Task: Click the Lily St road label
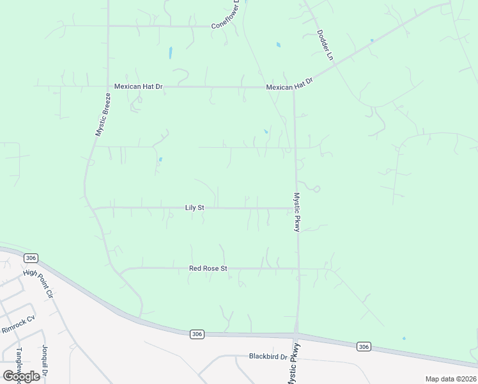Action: pos(194,207)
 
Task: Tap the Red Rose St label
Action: pos(208,269)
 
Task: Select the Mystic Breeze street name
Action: pos(104,115)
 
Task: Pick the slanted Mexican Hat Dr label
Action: pos(291,84)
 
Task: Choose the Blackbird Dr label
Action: pos(268,356)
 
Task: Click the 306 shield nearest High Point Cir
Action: pos(30,257)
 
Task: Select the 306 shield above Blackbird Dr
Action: pos(197,333)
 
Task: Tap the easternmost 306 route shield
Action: pos(364,346)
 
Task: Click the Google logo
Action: pos(21,376)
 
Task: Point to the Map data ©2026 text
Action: pos(451,379)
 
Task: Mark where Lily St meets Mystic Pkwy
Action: pos(295,208)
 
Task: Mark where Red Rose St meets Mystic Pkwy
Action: pos(297,269)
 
